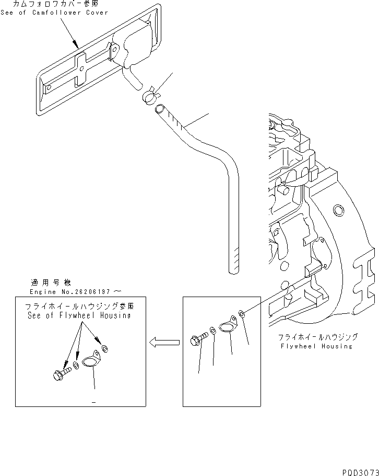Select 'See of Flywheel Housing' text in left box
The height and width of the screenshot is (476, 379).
point(79,316)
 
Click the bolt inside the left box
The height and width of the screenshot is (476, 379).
point(62,373)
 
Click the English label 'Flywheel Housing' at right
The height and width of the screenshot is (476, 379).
point(317,346)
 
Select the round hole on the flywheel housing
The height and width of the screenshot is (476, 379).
point(338,210)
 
